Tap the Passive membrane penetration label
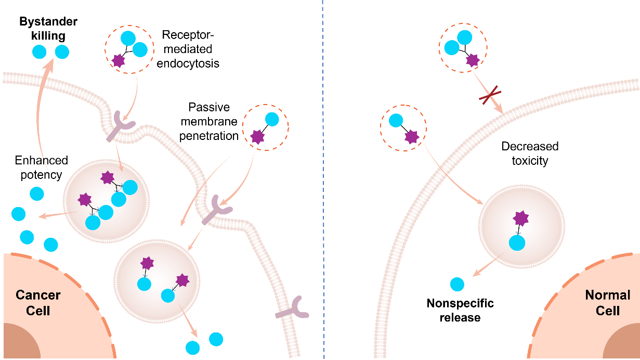213,122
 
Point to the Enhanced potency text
41,167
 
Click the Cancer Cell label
38,303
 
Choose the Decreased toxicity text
530,153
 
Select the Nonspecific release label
460,310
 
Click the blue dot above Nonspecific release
457,285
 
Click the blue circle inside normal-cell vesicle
517,243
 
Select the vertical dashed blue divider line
323,180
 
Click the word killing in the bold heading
47,36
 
